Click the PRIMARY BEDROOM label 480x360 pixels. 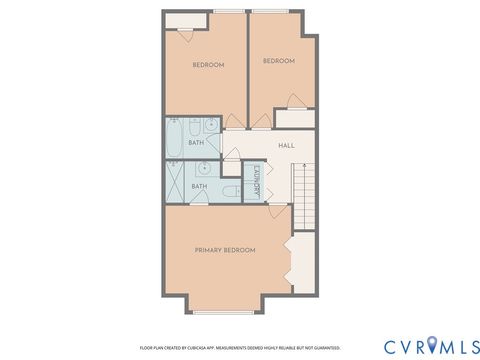(x=225, y=249)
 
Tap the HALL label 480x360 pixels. (x=286, y=146)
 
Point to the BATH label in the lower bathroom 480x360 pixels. (x=200, y=186)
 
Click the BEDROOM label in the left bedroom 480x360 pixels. (x=208, y=65)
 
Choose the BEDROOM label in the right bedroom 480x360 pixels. (x=279, y=61)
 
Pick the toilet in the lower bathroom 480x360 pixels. (x=228, y=190)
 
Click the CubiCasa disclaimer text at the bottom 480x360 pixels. (x=240, y=347)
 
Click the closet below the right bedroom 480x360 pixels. (x=294, y=117)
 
